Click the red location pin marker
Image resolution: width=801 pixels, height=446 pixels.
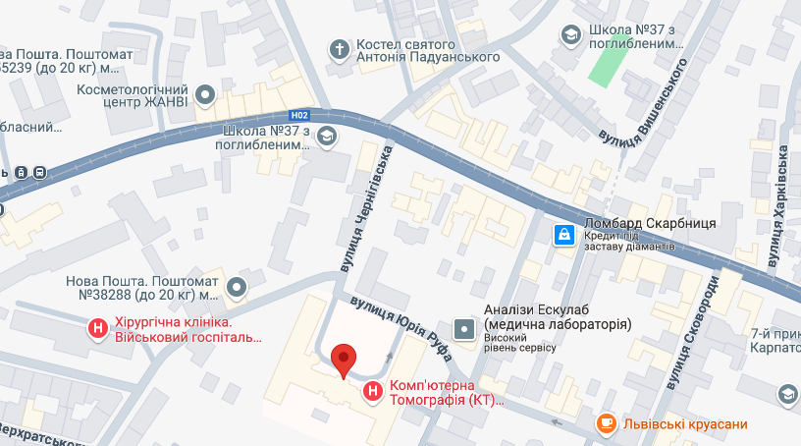[x=343, y=360]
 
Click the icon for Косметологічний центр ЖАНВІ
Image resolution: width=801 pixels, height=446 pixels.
[x=205, y=95]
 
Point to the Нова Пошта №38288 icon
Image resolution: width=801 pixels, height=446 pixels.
[x=237, y=287]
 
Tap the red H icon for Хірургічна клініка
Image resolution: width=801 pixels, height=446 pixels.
[x=98, y=329]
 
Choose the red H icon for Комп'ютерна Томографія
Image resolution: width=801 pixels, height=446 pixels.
[x=373, y=392]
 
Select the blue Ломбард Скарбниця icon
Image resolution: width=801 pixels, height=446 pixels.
[x=564, y=234]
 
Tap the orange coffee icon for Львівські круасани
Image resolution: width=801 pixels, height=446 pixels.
[x=608, y=423]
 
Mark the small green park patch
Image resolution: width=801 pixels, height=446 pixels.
[x=609, y=64]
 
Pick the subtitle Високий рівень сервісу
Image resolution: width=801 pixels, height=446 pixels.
[x=520, y=347]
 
